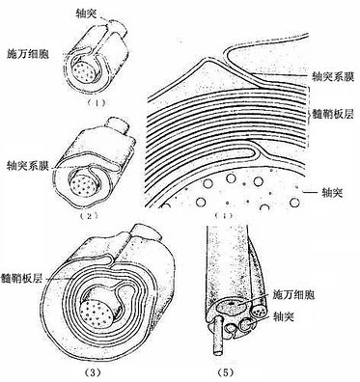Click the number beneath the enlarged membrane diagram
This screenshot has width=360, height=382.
pos(225,216)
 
